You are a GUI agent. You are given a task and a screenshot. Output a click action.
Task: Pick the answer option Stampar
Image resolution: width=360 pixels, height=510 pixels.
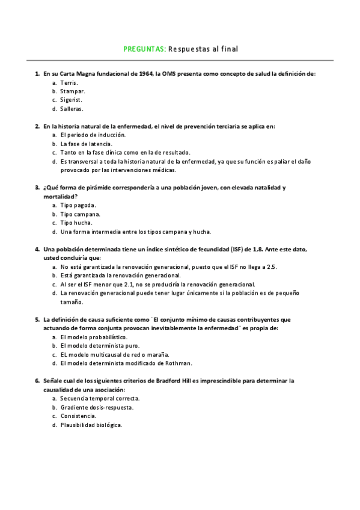click(x=72, y=91)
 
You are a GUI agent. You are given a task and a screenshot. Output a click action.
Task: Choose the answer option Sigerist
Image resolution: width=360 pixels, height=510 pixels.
click(x=72, y=100)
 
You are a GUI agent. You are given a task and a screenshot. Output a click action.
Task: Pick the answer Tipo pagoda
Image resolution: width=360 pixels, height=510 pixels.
click(x=78, y=205)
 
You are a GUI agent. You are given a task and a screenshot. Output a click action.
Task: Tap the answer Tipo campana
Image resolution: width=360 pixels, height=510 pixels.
click(x=81, y=214)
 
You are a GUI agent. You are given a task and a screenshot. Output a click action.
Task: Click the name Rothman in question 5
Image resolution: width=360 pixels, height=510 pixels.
click(x=178, y=363)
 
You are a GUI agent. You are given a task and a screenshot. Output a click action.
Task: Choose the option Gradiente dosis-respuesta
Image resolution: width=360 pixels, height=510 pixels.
click(x=97, y=407)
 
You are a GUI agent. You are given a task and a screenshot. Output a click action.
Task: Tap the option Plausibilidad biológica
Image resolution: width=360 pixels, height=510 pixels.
click(x=91, y=425)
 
